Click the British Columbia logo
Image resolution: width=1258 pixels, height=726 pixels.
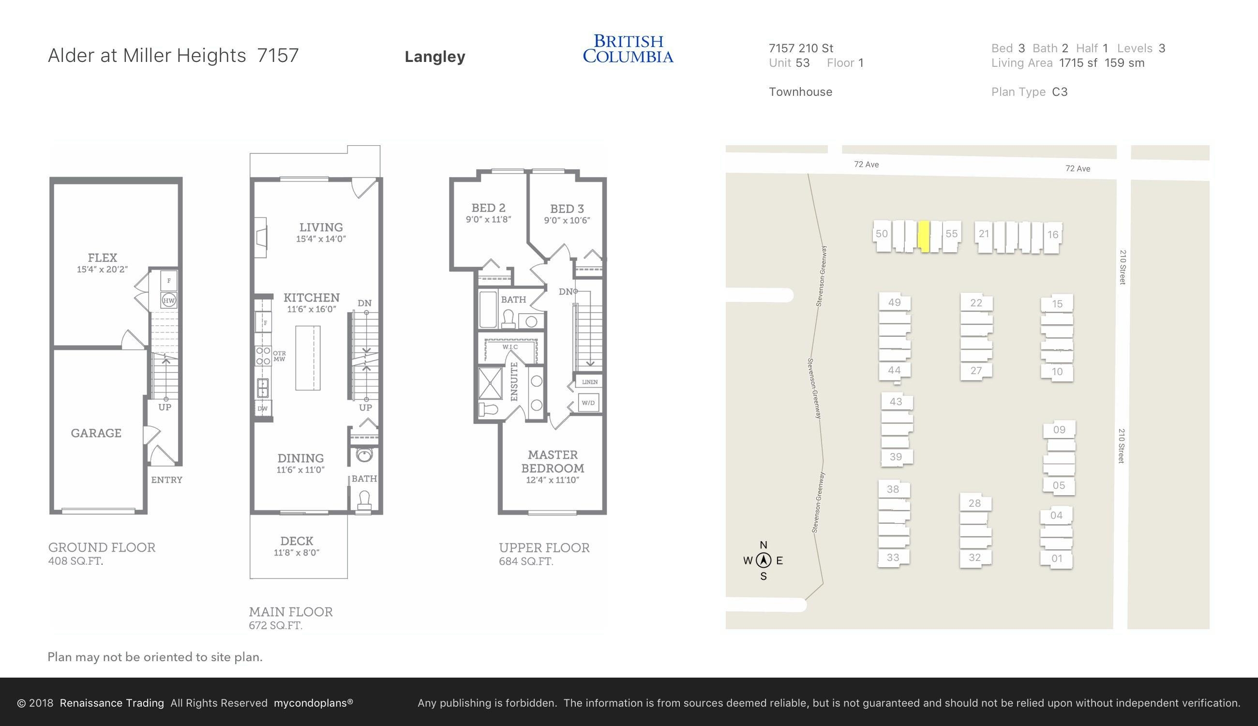point(628,48)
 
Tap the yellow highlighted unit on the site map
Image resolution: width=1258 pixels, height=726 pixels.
point(924,236)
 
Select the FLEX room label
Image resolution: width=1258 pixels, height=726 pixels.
point(103,258)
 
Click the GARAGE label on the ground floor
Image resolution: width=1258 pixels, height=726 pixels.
point(96,433)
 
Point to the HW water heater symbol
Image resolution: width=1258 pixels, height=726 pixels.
point(169,300)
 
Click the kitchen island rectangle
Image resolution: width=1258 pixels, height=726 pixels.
point(308,358)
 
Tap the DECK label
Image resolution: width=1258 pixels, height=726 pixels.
point(297,541)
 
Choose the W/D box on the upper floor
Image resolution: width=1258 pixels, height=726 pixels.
point(588,402)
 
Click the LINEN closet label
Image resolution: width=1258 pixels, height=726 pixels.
point(590,382)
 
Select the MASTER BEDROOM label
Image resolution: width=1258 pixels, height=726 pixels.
point(553,462)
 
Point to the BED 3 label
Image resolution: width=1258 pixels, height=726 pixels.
point(567,209)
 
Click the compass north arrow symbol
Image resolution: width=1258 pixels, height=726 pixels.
point(763,560)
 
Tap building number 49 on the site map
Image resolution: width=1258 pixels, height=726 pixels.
point(895,302)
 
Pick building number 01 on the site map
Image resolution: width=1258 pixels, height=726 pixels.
point(1057,559)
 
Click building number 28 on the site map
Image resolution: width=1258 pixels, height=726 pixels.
point(974,503)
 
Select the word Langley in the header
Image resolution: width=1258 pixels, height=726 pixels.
point(434,57)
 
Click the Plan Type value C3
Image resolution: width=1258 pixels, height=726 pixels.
point(1060,92)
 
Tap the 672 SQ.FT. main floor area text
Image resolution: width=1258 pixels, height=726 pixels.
point(276,625)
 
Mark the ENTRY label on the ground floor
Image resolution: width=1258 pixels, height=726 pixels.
point(166,480)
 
